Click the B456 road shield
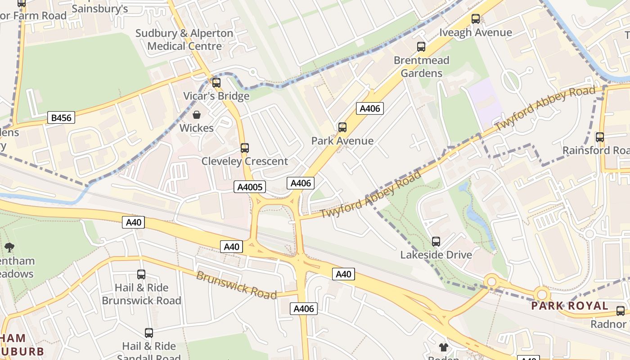pos(61,118)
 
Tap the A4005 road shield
pos(250,187)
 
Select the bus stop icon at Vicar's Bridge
pos(216,83)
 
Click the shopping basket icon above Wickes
pos(197,115)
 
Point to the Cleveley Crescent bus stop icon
pos(245,148)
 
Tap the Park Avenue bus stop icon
pos(342,127)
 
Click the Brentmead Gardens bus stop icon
pos(421,46)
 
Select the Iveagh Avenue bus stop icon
pos(476,19)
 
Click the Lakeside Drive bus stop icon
pos(436,242)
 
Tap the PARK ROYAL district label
pos(570,306)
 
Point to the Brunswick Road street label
pos(236,285)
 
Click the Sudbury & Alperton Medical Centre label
pos(184,40)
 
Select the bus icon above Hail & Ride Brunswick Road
pos(141,274)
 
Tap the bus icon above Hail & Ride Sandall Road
pos(149,333)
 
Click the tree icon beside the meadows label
pos(9,247)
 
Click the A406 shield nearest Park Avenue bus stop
pos(370,108)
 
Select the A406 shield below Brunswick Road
pos(305,309)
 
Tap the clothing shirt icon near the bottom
pos(444,347)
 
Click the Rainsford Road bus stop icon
pos(600,137)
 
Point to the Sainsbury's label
pos(100,9)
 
